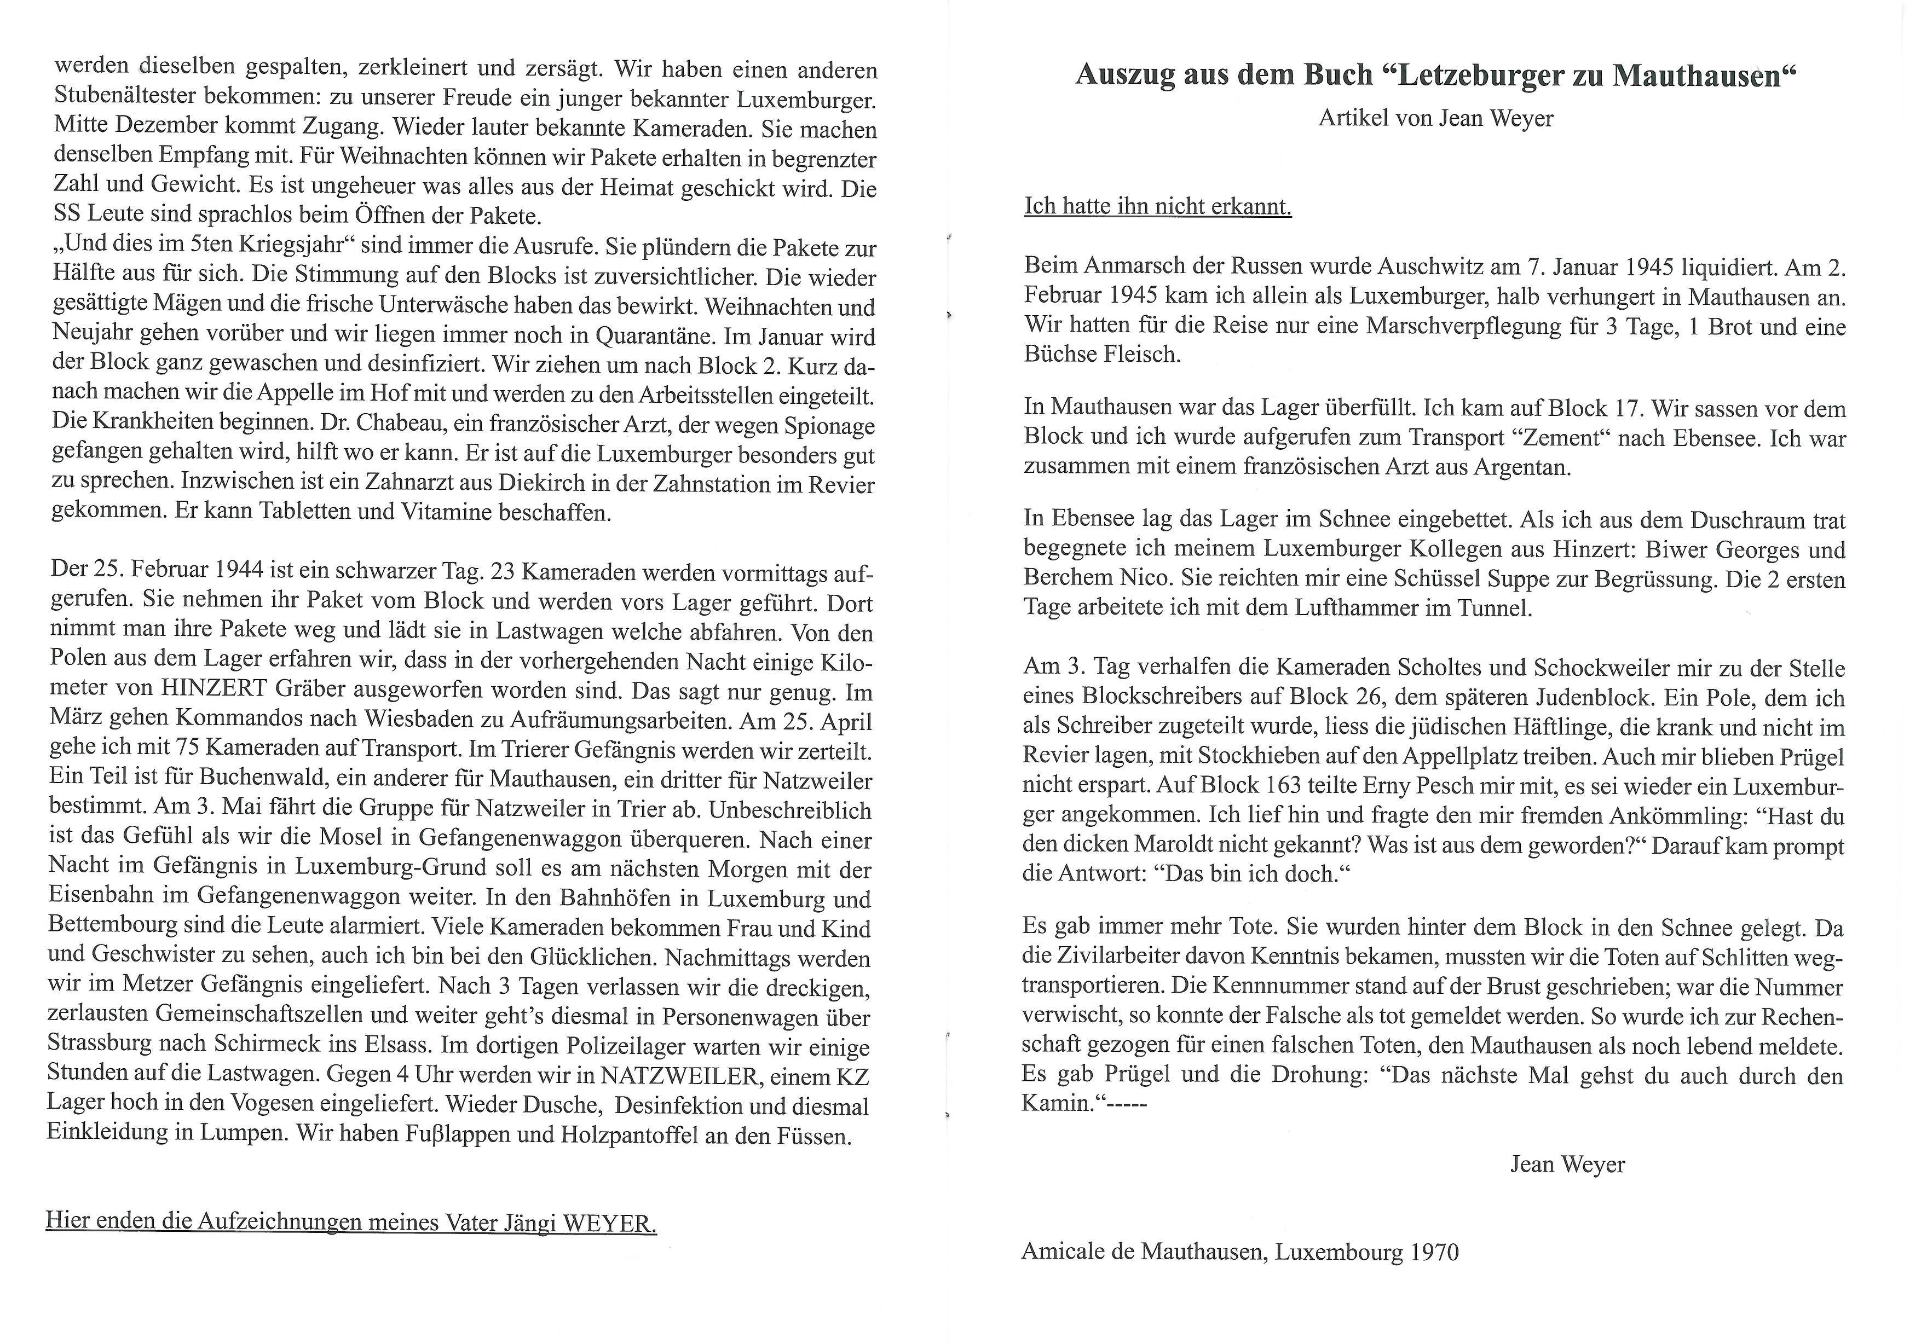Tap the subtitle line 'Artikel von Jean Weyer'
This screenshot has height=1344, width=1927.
[x=1435, y=118]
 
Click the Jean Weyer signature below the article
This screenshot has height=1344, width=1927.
[x=1567, y=1165]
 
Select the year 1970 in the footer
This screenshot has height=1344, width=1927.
[x=1434, y=1253]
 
